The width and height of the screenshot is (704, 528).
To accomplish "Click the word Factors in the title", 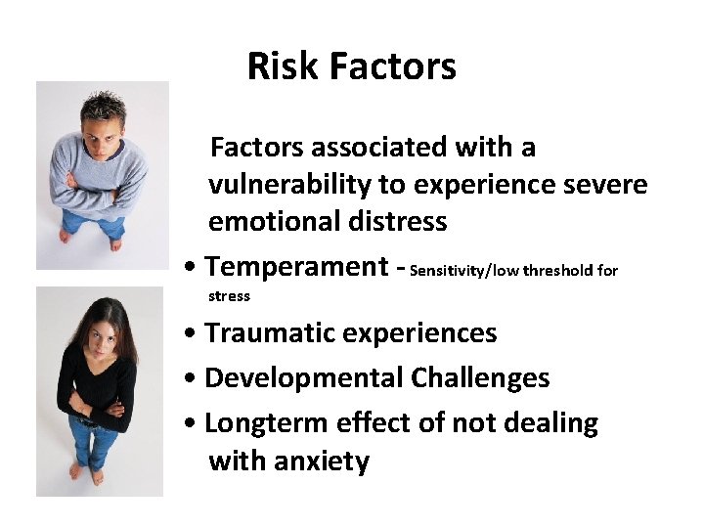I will coord(393,66).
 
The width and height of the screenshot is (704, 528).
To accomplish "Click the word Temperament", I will coord(297,267).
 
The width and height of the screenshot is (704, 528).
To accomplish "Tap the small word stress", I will coord(230,296).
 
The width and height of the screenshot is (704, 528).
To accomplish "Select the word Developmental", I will coord(303,378).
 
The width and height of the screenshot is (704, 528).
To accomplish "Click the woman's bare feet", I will coord(86,473).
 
